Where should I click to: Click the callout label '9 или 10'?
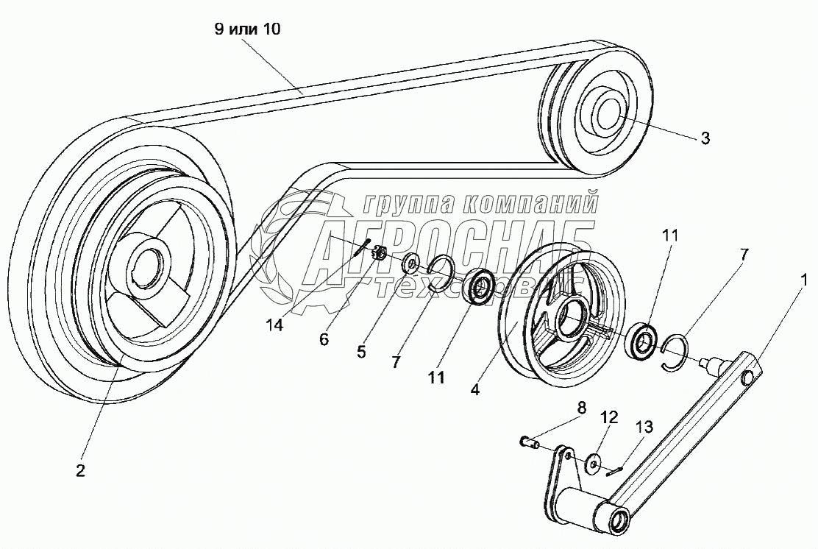coord(246,29)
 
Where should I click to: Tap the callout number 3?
coord(705,138)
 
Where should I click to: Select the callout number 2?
coord(80,471)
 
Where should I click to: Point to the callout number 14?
coord(274,325)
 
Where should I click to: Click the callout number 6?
coord(324,340)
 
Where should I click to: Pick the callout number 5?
coord(361,353)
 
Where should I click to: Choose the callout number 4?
coord(474,389)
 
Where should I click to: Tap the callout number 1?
coord(804,280)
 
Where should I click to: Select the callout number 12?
coord(609,417)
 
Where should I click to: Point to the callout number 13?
coord(644,427)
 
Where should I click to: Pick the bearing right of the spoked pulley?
coord(643,341)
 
